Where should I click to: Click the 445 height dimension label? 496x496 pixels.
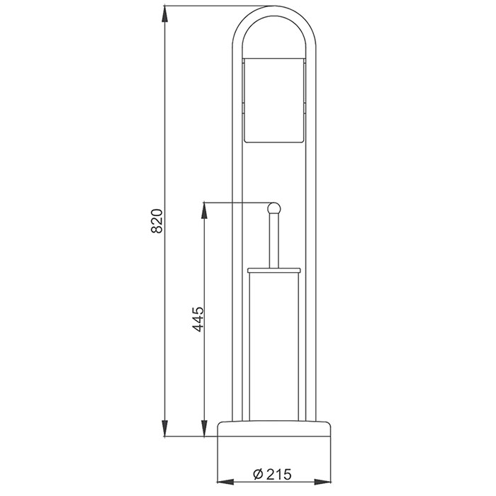(198, 320)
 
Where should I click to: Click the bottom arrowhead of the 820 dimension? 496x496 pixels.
(167, 432)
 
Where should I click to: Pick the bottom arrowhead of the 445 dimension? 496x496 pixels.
(205, 432)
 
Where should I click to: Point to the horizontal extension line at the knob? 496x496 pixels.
(234, 203)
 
